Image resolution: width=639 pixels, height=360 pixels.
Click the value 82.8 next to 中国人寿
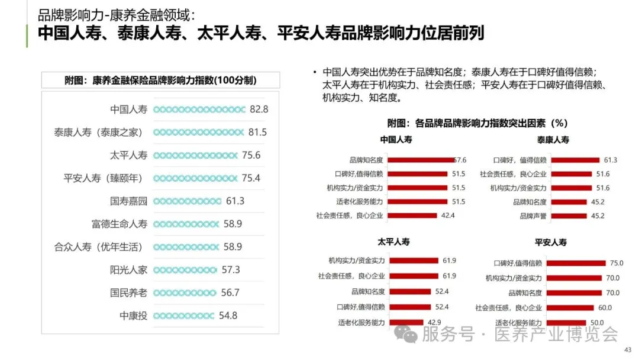click(x=259, y=110)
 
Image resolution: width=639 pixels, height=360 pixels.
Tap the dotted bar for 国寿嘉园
click(x=187, y=201)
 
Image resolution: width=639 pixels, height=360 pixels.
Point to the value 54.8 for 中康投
click(x=228, y=316)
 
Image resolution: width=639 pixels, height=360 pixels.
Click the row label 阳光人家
click(x=128, y=270)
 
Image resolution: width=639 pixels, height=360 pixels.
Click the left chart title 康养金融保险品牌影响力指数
click(x=161, y=81)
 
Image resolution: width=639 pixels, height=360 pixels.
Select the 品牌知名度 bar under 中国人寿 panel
click(x=421, y=160)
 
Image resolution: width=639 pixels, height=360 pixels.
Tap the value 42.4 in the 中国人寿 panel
click(x=448, y=216)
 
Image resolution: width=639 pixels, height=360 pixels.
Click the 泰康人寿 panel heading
click(x=553, y=140)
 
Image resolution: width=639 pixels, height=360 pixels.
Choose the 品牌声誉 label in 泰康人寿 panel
click(x=533, y=216)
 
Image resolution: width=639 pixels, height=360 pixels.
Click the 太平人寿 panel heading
click(x=394, y=242)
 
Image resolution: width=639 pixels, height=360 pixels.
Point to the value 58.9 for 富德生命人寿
click(x=233, y=224)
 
